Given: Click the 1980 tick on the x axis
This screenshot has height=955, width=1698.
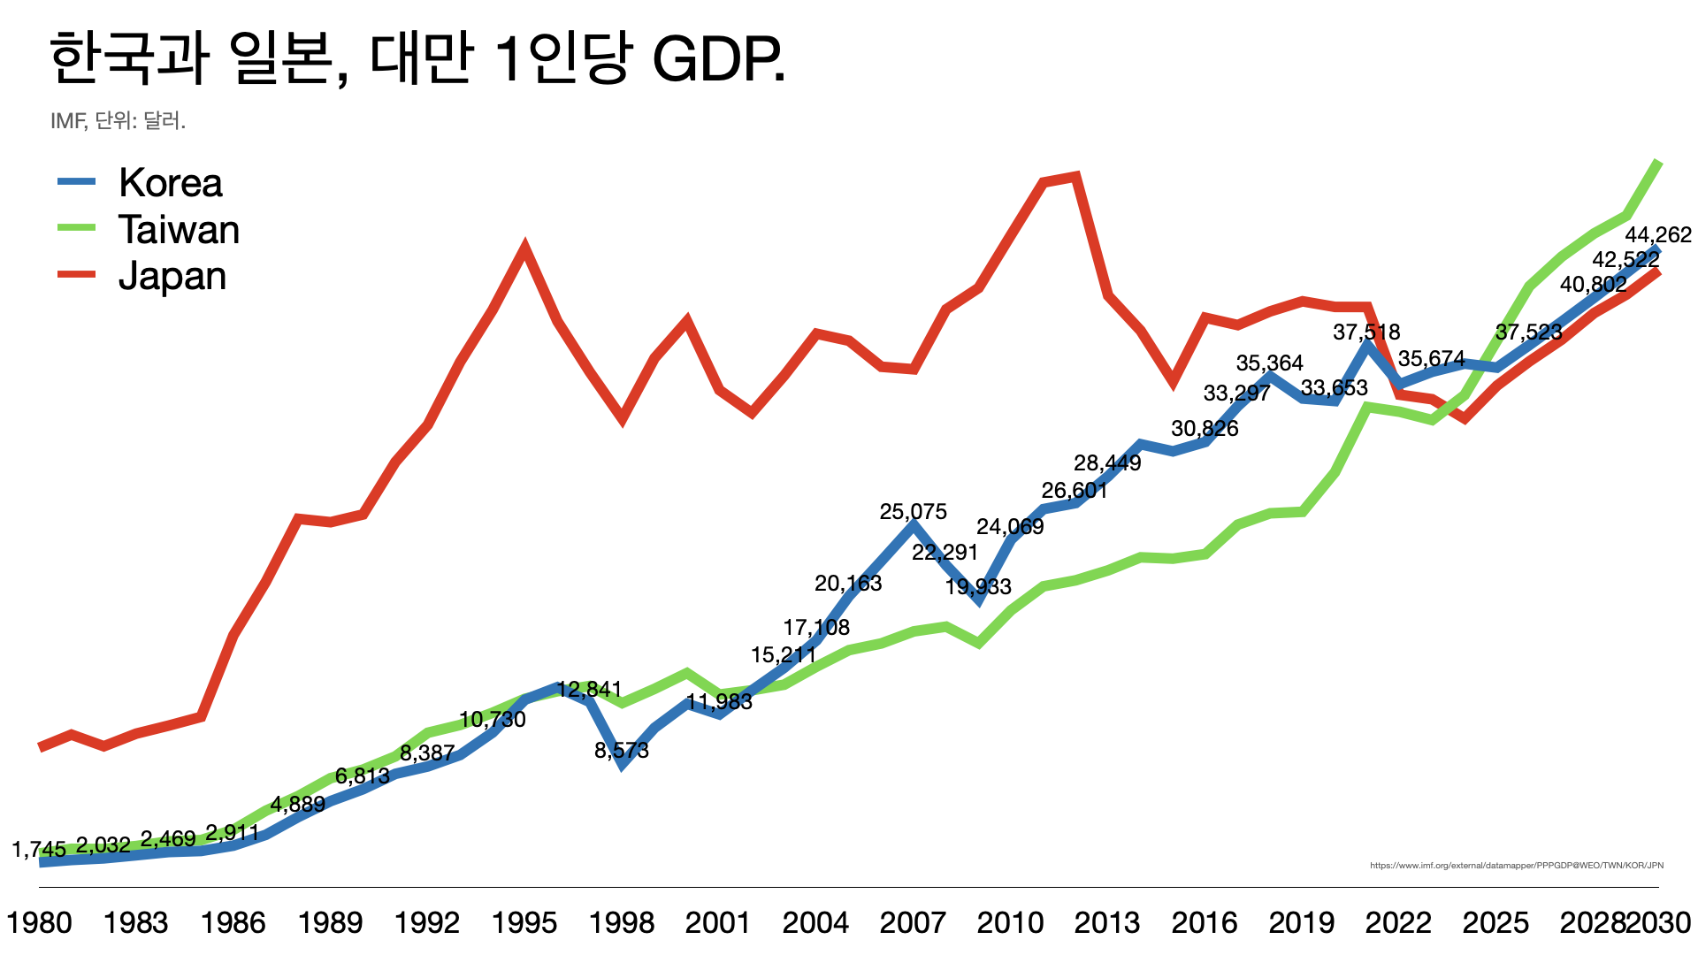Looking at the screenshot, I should pyautogui.click(x=39, y=923).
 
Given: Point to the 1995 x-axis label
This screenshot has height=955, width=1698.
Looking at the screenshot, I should pyautogui.click(x=524, y=923).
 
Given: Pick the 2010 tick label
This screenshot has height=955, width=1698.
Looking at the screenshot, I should pyautogui.click(x=1010, y=923).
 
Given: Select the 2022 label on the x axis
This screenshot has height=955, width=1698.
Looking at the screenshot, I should pyautogui.click(x=1398, y=923).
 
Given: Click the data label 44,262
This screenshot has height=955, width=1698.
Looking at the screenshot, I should pyautogui.click(x=1658, y=235).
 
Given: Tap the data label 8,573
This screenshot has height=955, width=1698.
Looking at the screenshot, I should pyautogui.click(x=622, y=751).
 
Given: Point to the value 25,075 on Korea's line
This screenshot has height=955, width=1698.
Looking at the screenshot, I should pyautogui.click(x=913, y=512).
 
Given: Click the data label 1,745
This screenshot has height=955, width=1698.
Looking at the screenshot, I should pyautogui.click(x=39, y=850).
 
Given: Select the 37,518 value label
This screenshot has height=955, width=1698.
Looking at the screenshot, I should pyautogui.click(x=1366, y=332).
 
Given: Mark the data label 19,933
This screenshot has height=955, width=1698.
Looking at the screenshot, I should pyautogui.click(x=978, y=587).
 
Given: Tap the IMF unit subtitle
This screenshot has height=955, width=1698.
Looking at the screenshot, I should pyautogui.click(x=118, y=121).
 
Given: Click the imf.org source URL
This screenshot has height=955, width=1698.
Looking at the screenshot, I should pyautogui.click(x=1516, y=866).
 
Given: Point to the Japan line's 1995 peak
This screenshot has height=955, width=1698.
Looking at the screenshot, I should pyautogui.click(x=525, y=247).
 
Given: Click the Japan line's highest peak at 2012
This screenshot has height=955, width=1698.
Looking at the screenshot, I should pyautogui.click(x=1075, y=176).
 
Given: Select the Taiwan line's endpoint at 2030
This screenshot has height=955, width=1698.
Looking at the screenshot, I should pyautogui.click(x=1658, y=163).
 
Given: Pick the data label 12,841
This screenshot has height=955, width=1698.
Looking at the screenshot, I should pyautogui.click(x=590, y=690).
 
